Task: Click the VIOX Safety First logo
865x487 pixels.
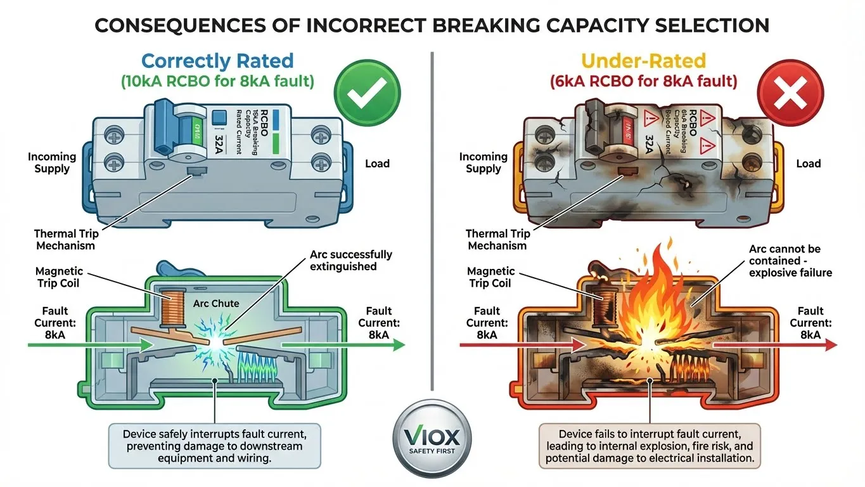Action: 432,441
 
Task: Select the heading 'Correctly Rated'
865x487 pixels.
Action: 217,61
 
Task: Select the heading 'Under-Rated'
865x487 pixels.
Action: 643,61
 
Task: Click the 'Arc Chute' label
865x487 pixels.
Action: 216,304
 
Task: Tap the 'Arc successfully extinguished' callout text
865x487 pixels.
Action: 351,260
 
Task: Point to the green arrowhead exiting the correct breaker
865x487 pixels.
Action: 397,345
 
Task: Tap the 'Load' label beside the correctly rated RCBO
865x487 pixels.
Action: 377,164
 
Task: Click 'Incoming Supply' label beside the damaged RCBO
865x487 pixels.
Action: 484,162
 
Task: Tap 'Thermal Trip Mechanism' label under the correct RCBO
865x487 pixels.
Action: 65,240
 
